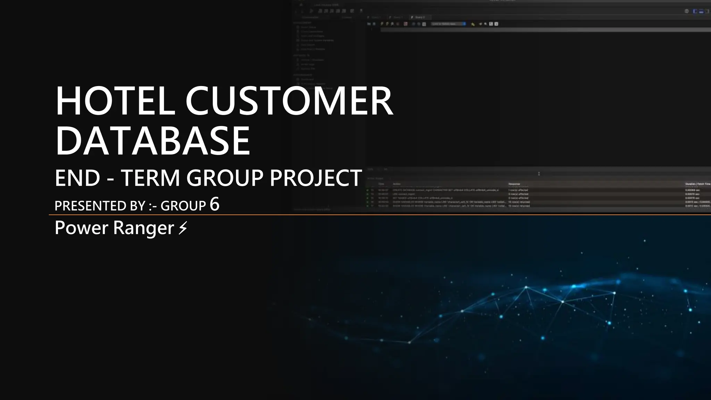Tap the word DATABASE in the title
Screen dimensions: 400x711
coord(152,141)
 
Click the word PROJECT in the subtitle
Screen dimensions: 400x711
coord(316,178)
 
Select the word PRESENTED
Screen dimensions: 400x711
coord(92,206)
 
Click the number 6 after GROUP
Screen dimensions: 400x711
coord(215,205)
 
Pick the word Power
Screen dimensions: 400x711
coord(82,228)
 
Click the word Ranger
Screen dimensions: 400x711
coord(143,228)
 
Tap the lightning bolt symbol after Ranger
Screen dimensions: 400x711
coord(183,228)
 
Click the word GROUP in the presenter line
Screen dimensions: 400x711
coord(183,206)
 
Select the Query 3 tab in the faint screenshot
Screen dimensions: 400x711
coord(419,17)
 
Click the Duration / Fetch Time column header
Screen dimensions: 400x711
coord(697,184)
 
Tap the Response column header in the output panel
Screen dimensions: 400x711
coord(514,184)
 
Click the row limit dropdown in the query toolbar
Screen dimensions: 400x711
coord(448,24)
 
